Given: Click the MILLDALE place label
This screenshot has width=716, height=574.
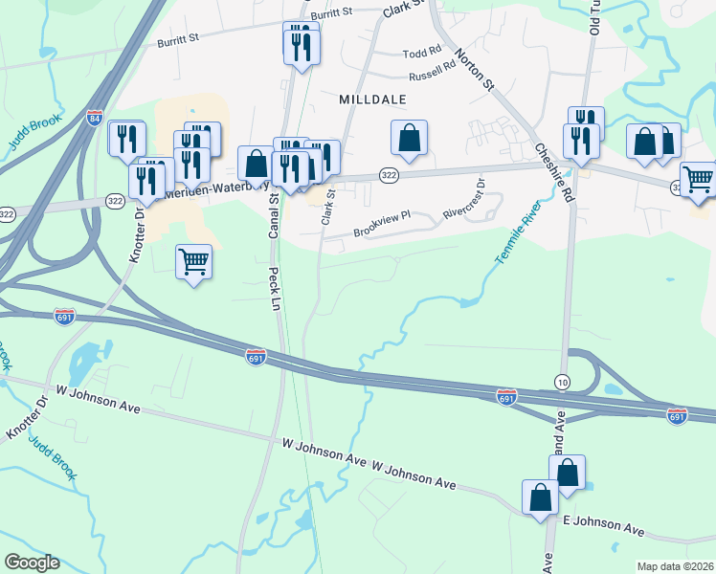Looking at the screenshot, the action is pyautogui.click(x=373, y=99).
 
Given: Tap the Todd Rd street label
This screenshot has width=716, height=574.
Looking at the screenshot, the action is pyautogui.click(x=422, y=53).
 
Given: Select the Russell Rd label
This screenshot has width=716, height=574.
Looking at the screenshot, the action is pyautogui.click(x=432, y=73).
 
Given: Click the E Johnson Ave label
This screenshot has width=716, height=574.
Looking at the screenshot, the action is pyautogui.click(x=603, y=524).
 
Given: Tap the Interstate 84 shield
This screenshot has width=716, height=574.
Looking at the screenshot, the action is pyautogui.click(x=94, y=118).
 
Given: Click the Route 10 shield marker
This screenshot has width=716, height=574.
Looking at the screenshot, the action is pyautogui.click(x=561, y=381).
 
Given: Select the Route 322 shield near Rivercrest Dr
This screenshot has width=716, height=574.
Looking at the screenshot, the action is pyautogui.click(x=389, y=175).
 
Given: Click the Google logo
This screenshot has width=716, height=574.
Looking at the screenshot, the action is pyautogui.click(x=31, y=563).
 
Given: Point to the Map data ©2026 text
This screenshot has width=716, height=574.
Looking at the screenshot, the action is pyautogui.click(x=676, y=566).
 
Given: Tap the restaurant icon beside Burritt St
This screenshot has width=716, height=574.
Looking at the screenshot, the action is pyautogui.click(x=302, y=44).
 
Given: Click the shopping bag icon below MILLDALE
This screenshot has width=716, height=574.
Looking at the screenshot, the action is pyautogui.click(x=409, y=138).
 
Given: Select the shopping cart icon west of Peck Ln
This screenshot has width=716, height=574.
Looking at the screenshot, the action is pyautogui.click(x=194, y=261).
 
